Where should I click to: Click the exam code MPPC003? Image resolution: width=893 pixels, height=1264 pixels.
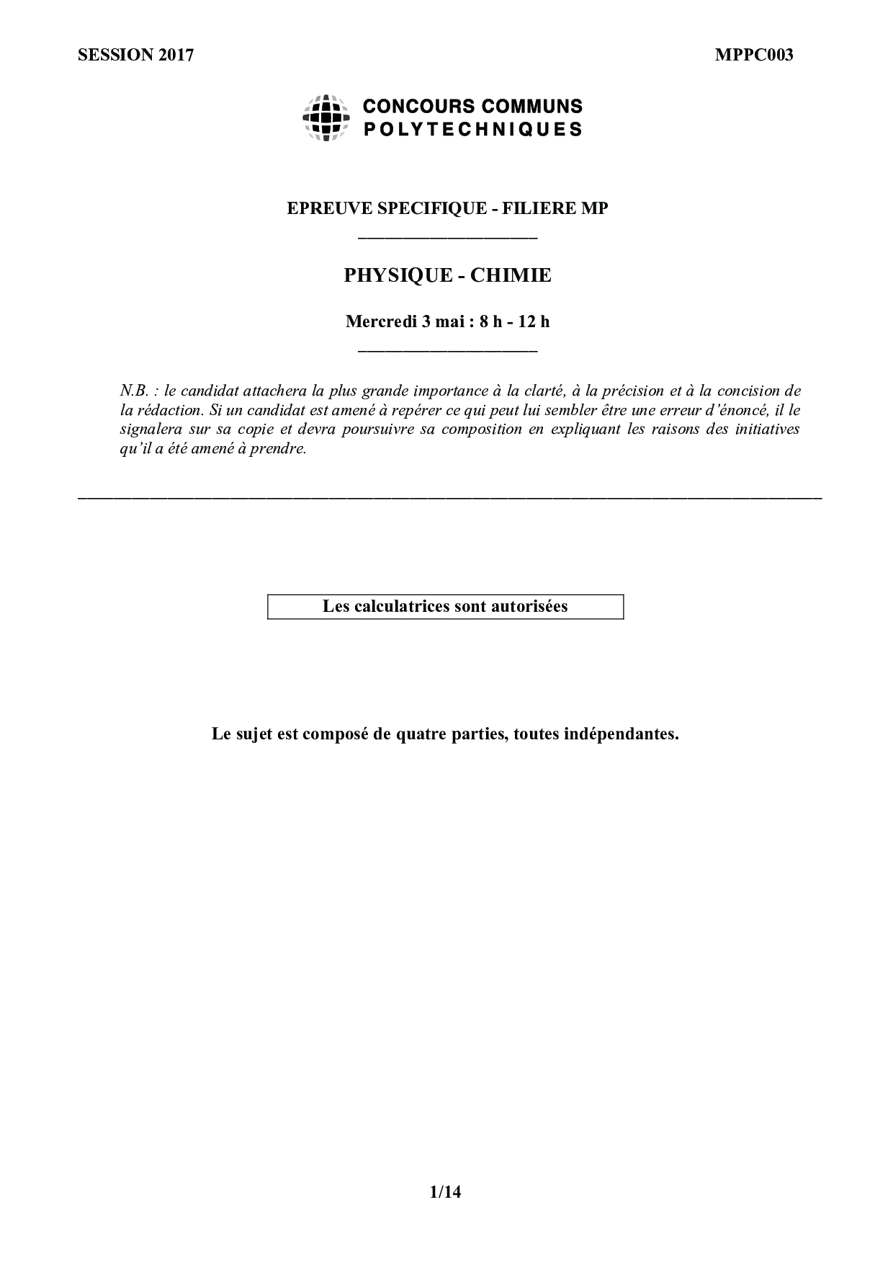(x=754, y=55)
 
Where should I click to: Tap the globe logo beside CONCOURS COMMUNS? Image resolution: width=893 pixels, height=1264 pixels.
(x=326, y=117)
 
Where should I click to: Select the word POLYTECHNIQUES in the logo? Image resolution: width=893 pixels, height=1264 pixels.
(x=472, y=130)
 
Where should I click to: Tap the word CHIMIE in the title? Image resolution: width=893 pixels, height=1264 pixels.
(x=511, y=275)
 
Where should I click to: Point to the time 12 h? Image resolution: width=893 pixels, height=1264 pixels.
(x=534, y=321)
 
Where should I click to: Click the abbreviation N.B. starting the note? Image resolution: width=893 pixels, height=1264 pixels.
(x=134, y=391)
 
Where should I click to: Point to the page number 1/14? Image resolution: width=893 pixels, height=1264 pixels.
(x=445, y=1192)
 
